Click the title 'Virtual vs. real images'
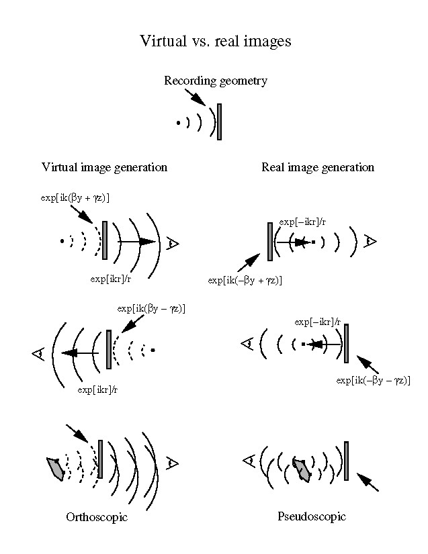[x=215, y=40]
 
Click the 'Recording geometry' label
[x=215, y=81]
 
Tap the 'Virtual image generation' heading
[x=104, y=167]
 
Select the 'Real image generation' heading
[x=317, y=167]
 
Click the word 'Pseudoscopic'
[x=311, y=516]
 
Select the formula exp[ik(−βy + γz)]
[x=245, y=280]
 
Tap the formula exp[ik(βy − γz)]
[x=151, y=308]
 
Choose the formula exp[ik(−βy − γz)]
[x=373, y=380]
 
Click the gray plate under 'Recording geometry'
[x=219, y=122]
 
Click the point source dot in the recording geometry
[x=178, y=123]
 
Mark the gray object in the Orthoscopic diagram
[x=55, y=467]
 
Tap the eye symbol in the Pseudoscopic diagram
[x=247, y=460]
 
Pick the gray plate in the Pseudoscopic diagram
[x=346, y=461]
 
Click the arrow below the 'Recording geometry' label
[x=195, y=97]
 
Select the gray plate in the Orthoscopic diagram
[x=100, y=459]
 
